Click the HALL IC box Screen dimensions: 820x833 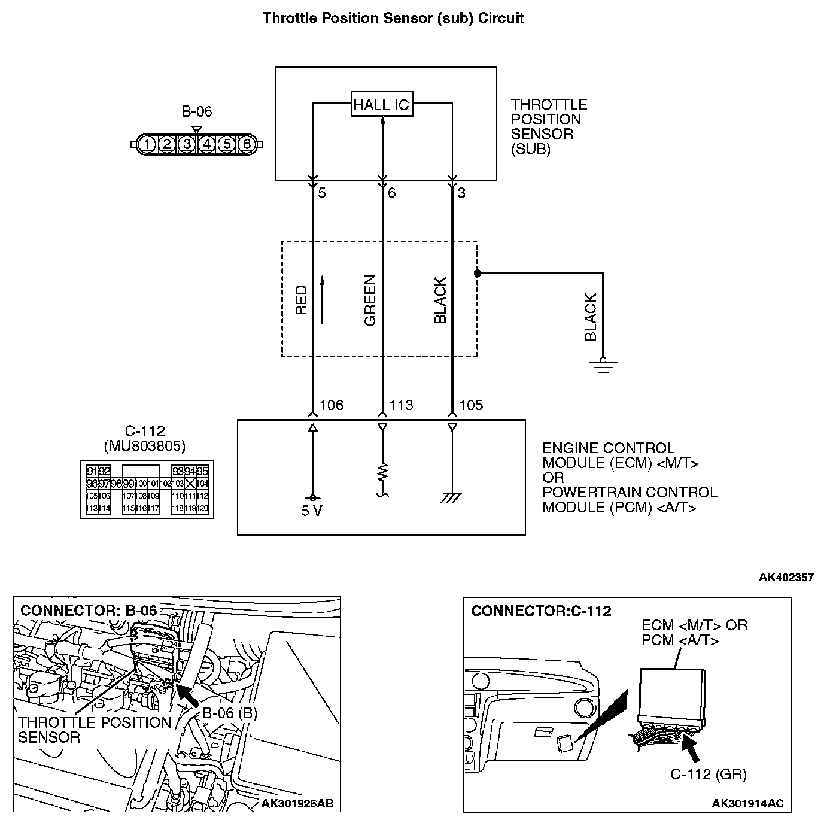click(x=381, y=105)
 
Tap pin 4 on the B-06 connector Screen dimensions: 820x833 click(x=207, y=144)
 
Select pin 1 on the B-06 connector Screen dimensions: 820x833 click(x=147, y=144)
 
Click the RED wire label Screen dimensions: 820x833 click(x=301, y=300)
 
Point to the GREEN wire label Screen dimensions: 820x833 click(x=370, y=300)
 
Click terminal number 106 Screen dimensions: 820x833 click(x=332, y=405)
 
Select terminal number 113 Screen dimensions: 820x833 click(x=401, y=405)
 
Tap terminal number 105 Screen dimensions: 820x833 click(x=471, y=405)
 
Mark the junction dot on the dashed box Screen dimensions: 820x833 click(x=477, y=274)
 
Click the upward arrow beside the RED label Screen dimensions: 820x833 click(x=322, y=300)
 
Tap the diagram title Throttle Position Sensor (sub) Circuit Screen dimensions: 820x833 click(x=393, y=19)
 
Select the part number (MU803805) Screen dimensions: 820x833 click(x=144, y=446)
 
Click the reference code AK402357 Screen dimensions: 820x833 click(x=786, y=578)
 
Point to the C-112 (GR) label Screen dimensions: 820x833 click(x=709, y=775)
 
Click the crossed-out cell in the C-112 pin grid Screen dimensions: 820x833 click(x=190, y=484)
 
